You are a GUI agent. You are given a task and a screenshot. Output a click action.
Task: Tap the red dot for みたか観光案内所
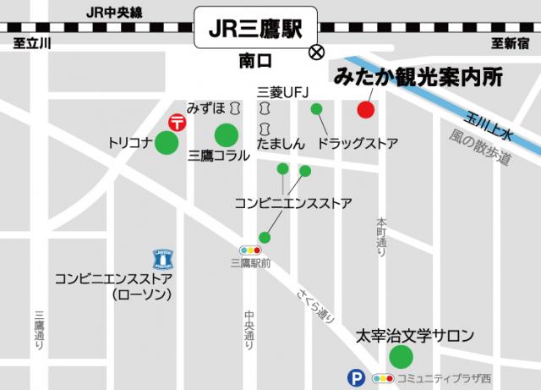366,110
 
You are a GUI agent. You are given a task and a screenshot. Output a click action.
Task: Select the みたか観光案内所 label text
418,76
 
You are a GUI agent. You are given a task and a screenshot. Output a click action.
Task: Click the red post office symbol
177,123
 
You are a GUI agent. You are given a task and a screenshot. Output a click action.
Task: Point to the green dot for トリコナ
167,143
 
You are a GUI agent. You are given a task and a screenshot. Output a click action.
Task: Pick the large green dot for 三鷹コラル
227,135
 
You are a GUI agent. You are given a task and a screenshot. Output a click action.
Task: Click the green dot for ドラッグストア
317,108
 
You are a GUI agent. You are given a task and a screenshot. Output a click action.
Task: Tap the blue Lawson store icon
163,257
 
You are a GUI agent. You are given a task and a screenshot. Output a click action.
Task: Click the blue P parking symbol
357,378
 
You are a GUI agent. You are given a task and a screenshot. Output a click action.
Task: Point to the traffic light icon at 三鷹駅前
250,250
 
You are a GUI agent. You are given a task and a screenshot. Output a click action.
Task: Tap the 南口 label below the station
256,61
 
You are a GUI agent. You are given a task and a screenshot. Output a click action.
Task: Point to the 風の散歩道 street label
480,147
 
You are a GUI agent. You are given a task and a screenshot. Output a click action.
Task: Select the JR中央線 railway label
116,12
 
